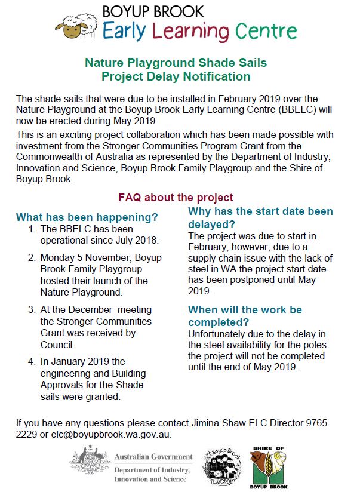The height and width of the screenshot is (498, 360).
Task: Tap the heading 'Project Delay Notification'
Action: pyautogui.click(x=176, y=76)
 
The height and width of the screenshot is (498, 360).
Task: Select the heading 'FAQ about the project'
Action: pyautogui.click(x=176, y=198)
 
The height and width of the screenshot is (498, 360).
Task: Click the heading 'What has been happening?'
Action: pyautogui.click(x=87, y=217)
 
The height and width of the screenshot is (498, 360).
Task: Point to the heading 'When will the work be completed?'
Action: pyautogui.click(x=245, y=315)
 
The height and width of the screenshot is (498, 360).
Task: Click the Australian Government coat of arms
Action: pyautogui.click(x=90, y=464)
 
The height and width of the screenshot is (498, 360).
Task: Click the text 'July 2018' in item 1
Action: pyautogui.click(x=138, y=241)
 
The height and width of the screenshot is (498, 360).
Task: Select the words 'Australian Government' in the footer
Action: pyautogui.click(x=153, y=457)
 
